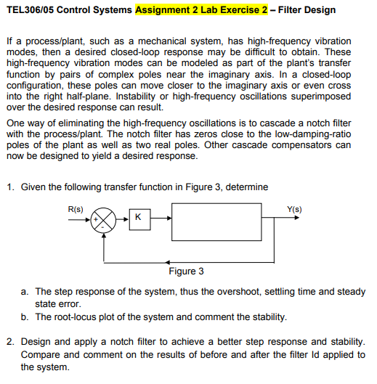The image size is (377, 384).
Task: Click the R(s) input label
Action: pyautogui.click(x=76, y=209)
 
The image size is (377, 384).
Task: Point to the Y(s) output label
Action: pyautogui.click(x=295, y=209)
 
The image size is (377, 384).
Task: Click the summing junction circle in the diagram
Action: pyautogui.click(x=107, y=218)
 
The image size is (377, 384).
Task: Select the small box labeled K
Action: pyautogui.click(x=138, y=218)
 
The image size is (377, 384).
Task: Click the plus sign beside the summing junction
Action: pyautogui.click(x=94, y=215)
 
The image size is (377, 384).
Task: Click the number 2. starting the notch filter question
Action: pyautogui.click(x=10, y=342)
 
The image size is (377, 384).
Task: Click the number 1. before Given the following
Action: pyautogui.click(x=10, y=187)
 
